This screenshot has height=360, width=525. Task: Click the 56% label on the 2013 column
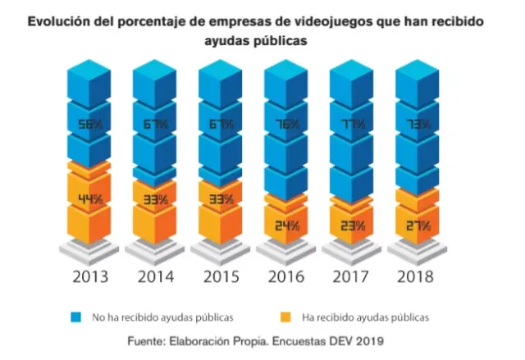[x=89, y=125]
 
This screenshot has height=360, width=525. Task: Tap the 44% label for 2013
[x=89, y=199]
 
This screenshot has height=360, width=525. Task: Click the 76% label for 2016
[x=285, y=125]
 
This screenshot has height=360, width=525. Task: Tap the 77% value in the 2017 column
[x=351, y=125]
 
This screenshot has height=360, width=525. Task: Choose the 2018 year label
[x=417, y=276]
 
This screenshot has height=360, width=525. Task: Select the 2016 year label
[x=285, y=276]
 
